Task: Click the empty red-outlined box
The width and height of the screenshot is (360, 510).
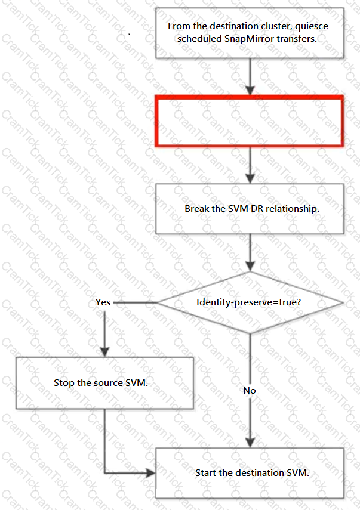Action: (250, 97)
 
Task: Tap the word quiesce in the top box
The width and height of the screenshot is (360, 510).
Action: (312, 26)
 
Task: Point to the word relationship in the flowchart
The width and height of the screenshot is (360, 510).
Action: (293, 209)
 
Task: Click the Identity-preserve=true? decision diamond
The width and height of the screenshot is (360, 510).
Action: (250, 302)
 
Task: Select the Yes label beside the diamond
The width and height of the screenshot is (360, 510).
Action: (103, 302)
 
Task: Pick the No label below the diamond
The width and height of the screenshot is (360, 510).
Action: (250, 391)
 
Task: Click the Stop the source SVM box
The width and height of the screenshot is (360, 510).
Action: (105, 383)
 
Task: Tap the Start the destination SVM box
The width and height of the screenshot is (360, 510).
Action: (250, 473)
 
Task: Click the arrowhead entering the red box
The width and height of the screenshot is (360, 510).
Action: (250, 91)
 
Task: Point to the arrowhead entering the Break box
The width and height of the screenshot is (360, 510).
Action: (250, 178)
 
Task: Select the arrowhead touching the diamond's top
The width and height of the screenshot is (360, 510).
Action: (250, 267)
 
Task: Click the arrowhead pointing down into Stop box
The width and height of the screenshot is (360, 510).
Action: (104, 352)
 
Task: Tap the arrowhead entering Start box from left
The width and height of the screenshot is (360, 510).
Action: (150, 473)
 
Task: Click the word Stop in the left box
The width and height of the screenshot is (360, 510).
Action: (64, 383)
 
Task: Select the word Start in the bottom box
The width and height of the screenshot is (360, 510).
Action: (206, 473)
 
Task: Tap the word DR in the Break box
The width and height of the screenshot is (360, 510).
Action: (257, 209)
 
